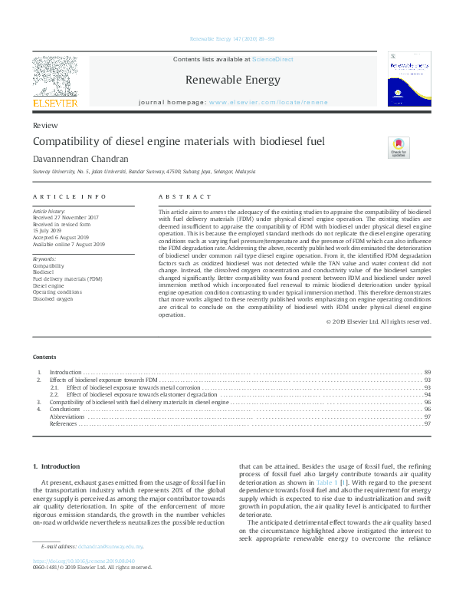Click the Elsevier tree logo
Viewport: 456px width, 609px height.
[x=54, y=76]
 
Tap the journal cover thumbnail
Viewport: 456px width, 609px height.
[x=408, y=79]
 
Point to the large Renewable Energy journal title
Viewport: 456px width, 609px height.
[x=233, y=80]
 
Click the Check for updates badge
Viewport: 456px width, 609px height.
[x=399, y=146]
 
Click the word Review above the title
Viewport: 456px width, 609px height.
[x=43, y=124]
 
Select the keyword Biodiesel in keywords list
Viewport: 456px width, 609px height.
[x=44, y=272]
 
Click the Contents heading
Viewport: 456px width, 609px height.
[x=44, y=357]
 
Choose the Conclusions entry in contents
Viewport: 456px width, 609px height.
[x=65, y=409]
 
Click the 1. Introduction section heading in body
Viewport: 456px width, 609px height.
[x=61, y=466]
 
